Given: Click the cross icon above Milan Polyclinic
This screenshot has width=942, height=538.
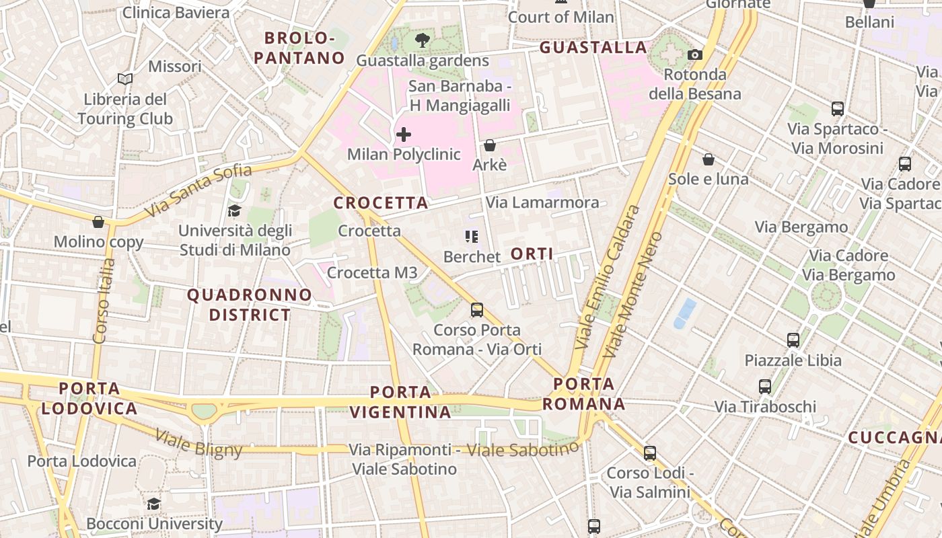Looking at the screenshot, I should coord(404,134).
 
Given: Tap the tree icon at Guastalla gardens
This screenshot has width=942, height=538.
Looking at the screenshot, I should coord(423,40).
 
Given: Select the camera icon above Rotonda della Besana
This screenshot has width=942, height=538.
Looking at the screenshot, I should coord(695,54).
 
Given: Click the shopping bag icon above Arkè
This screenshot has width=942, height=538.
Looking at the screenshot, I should coord(490,145).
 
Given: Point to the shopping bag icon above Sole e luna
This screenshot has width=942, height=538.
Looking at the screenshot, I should coord(708,159).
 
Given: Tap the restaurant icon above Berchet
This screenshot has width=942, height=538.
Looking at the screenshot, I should coord(472,236).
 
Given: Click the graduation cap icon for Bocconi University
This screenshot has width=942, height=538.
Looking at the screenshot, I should coord(154,504).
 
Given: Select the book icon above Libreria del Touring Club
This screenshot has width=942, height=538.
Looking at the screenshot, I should coord(124,79).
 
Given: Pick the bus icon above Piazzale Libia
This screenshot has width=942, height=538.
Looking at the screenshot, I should coord(793,340).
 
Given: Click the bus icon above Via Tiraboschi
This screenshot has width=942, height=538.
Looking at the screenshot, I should coord(765,387).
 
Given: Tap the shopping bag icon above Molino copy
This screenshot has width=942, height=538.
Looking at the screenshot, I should coord(98,222).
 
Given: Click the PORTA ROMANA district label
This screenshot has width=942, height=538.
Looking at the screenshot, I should coord(584,394).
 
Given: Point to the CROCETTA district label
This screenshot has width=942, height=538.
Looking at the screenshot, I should coord(381,202).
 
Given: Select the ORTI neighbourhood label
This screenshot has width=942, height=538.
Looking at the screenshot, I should coord(532,254).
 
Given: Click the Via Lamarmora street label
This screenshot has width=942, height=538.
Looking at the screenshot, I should coord(542,202).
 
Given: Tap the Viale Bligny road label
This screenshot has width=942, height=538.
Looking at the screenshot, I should coord(198,443).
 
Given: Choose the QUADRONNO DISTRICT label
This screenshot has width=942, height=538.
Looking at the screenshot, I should coord(250,305).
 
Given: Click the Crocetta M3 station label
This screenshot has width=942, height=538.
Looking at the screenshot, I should coord(372,272).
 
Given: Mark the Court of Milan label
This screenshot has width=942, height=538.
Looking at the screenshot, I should coord(561,17).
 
